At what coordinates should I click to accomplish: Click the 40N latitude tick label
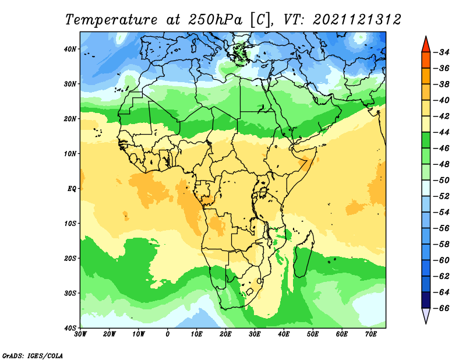pos(70,49)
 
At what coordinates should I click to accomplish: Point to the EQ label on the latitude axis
pos(72,189)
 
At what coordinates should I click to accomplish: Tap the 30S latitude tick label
pos(70,293)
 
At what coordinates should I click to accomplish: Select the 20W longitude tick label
pos(110,334)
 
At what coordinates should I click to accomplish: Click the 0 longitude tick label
pos(168,334)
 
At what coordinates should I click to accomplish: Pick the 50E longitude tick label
pos(313,334)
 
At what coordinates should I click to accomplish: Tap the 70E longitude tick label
pos(371,334)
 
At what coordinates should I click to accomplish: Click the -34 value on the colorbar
pos(442,52)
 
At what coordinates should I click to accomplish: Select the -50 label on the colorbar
pos(442,180)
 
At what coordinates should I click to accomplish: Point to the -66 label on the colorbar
pos(442,308)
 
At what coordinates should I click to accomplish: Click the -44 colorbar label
pos(442,132)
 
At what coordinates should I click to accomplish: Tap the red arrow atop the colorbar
pos(426,45)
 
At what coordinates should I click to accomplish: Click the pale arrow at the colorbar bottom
pos(426,315)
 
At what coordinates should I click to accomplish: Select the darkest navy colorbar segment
pos(426,300)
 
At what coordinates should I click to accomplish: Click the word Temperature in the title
pos(111,20)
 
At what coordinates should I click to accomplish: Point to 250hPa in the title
pos(216,20)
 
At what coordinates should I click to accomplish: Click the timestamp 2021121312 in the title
pos(357,20)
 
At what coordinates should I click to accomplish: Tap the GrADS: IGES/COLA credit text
pos(33,356)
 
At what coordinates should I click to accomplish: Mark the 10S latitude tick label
pos(70,223)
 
